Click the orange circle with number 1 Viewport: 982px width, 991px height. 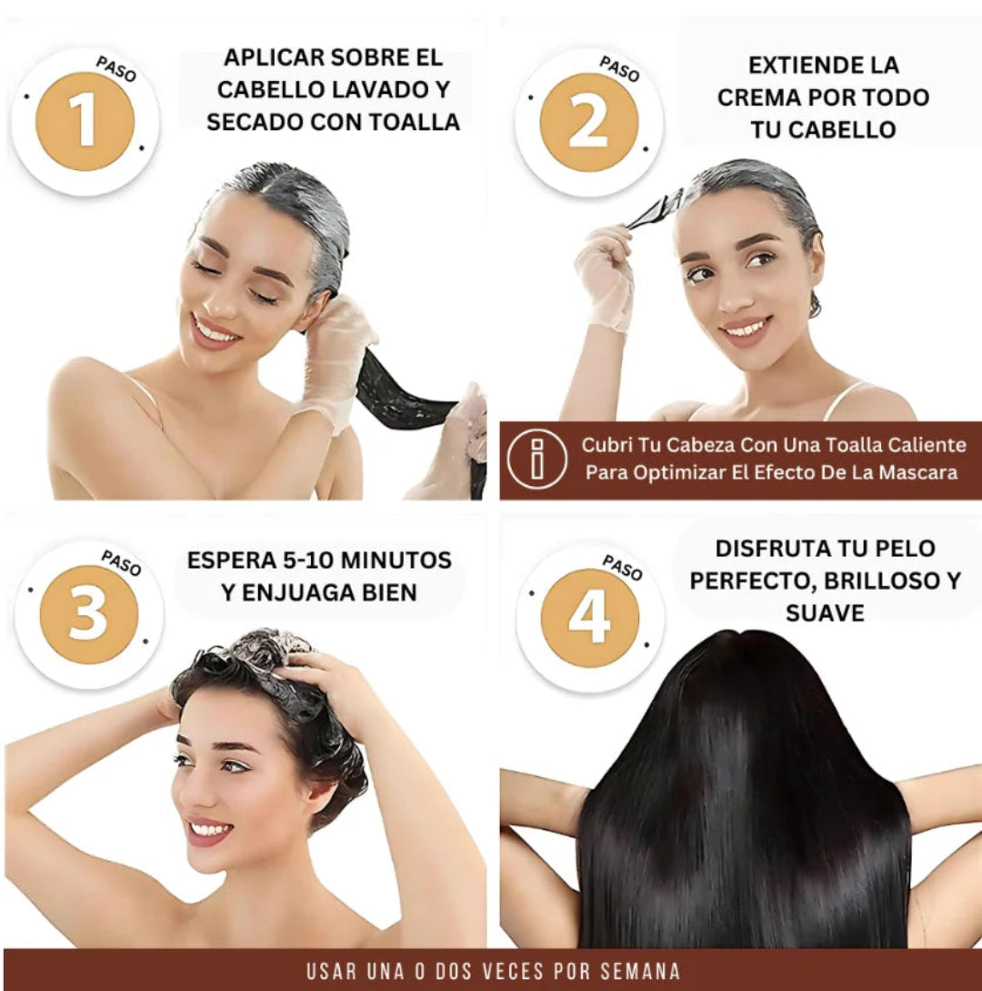pyautogui.click(x=85, y=121)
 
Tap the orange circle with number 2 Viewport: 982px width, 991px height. pyautogui.click(x=588, y=122)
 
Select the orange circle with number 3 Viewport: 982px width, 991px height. pyautogui.click(x=88, y=614)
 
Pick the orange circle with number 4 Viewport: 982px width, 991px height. pyautogui.click(x=590, y=618)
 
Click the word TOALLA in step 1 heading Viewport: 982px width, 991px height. pyautogui.click(x=415, y=122)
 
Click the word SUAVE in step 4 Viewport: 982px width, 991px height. pyautogui.click(x=825, y=613)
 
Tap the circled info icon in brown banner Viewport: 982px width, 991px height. pyautogui.click(x=537, y=459)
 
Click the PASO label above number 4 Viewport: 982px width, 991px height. pyautogui.click(x=622, y=568)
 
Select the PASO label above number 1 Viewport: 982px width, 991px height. pyautogui.click(x=116, y=69)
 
